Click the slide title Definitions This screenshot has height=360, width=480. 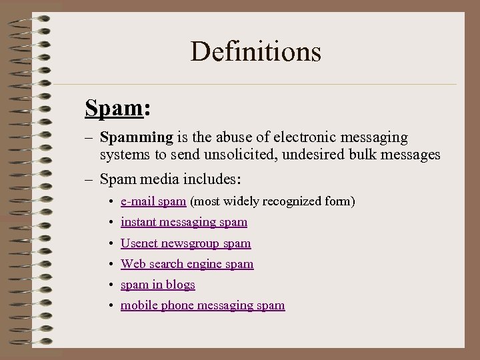(255, 51)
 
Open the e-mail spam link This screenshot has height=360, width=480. (153, 201)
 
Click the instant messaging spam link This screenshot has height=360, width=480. (184, 222)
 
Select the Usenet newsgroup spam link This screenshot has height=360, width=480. (185, 243)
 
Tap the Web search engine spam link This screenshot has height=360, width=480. (187, 264)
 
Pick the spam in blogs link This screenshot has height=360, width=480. (158, 285)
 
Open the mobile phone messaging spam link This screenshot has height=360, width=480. (203, 305)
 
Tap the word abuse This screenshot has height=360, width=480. (234, 137)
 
